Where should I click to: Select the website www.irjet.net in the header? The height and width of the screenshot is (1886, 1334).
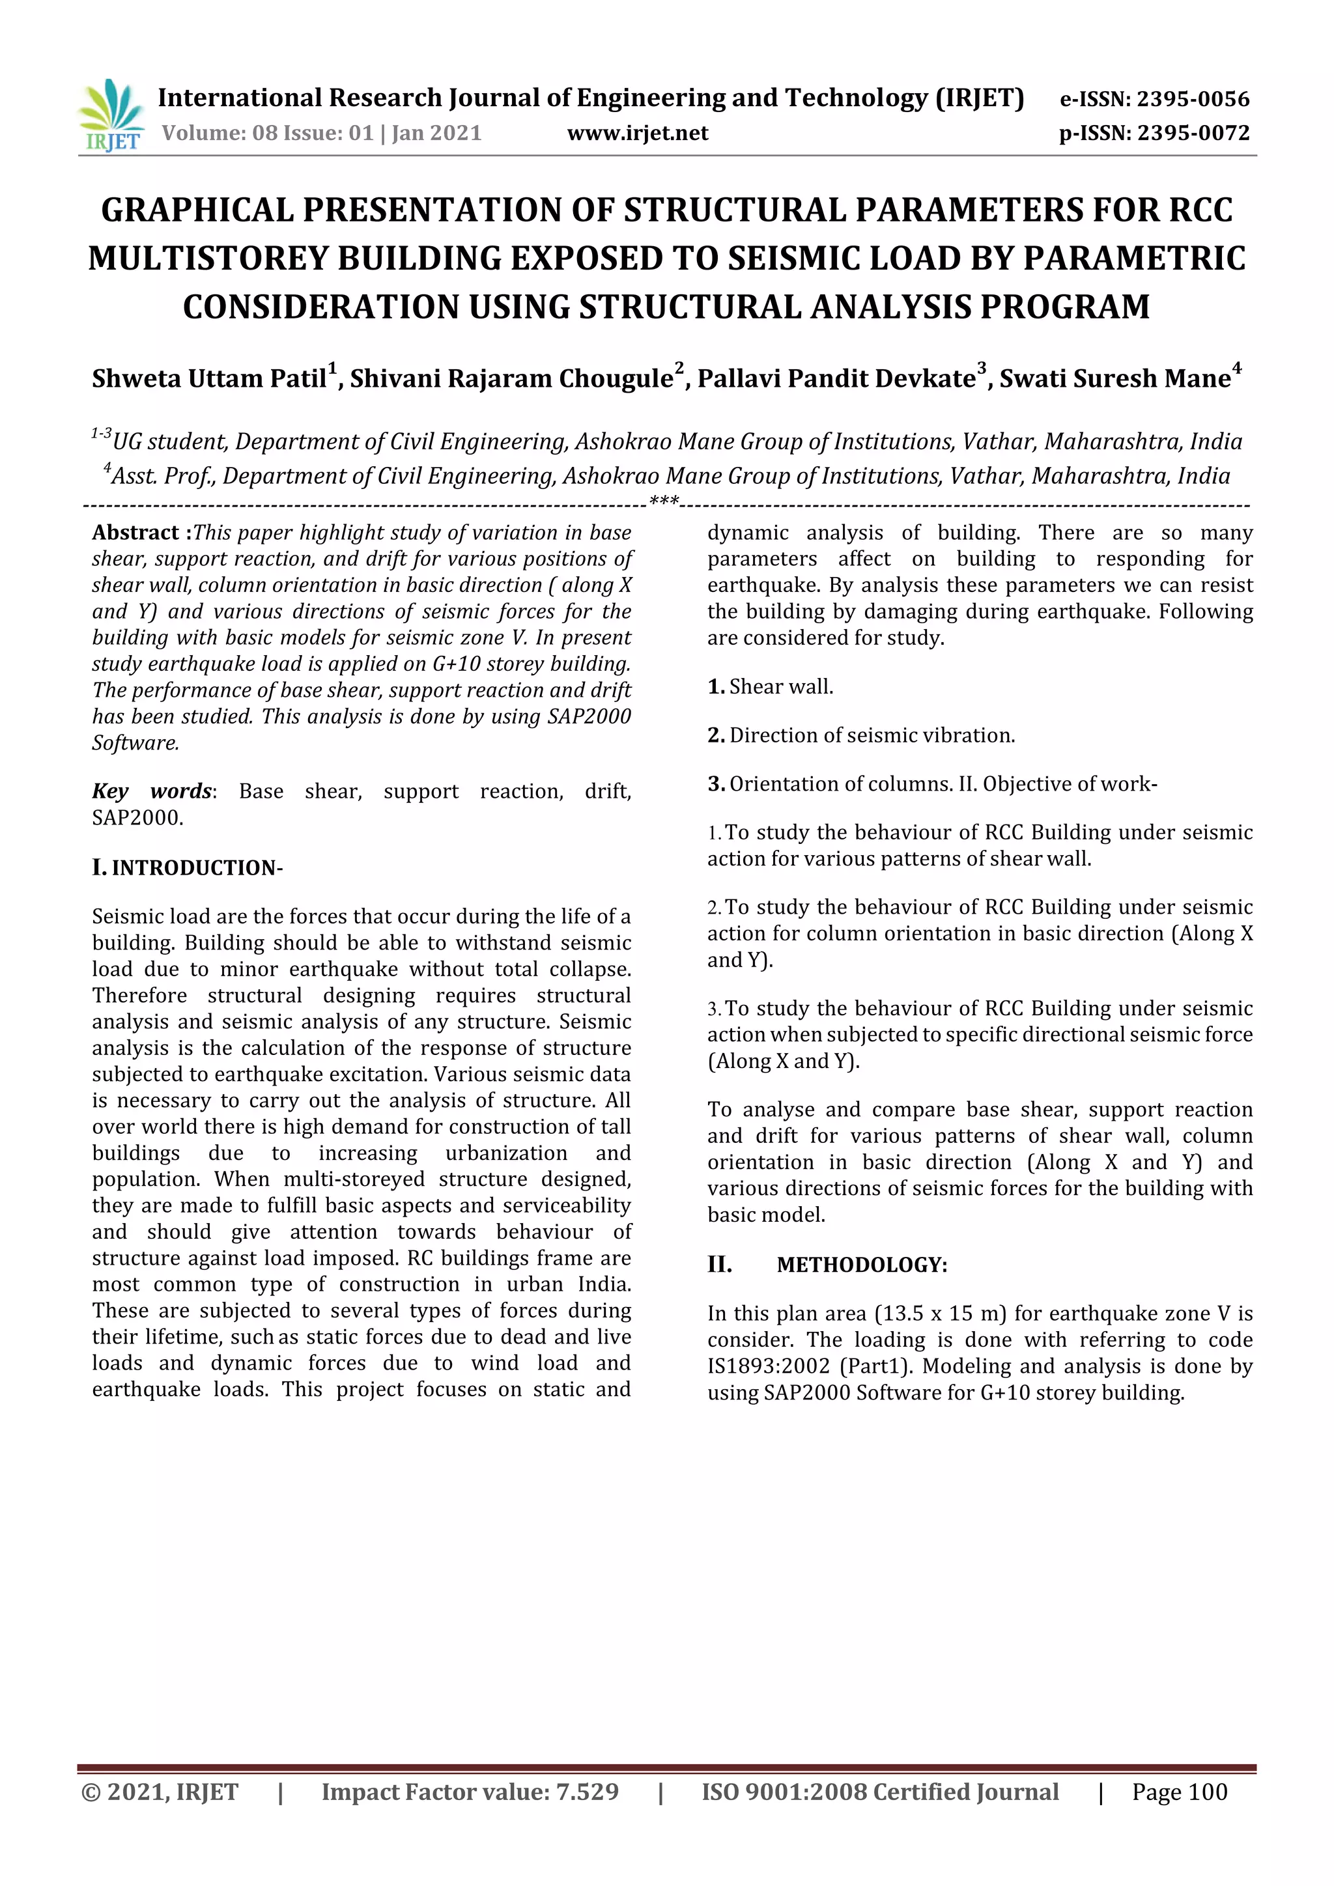coord(638,133)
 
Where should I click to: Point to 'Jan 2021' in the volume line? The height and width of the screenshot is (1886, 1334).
coord(436,133)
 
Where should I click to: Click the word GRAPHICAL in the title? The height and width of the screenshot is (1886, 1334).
coord(197,210)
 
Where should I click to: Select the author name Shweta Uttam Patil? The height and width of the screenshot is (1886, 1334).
coord(208,378)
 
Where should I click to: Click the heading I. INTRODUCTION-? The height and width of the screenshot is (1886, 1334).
coord(188,868)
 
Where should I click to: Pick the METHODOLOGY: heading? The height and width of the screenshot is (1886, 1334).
coord(862,1265)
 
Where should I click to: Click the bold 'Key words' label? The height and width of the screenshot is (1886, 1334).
coord(151,791)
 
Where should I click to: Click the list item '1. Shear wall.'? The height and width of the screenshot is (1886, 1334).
coord(771,686)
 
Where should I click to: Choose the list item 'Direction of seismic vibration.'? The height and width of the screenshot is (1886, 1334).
coord(872,735)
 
